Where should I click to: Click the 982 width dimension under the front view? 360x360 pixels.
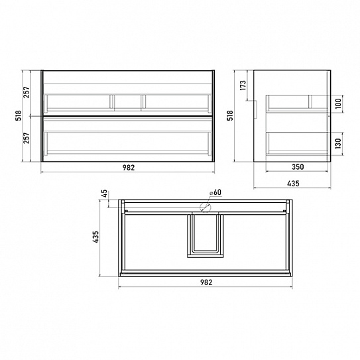[x=129, y=168]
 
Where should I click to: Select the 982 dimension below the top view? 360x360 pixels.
[x=206, y=282]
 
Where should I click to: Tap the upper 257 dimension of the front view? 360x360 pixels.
[x=27, y=92]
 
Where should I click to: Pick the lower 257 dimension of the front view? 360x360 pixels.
[x=27, y=138]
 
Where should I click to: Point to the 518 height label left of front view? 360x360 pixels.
[x=19, y=115]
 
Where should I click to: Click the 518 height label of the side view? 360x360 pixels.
[x=230, y=115]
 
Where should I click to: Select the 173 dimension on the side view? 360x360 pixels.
[x=243, y=85]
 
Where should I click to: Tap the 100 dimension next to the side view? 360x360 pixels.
[x=338, y=103]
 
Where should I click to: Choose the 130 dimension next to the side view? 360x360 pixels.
[x=338, y=143]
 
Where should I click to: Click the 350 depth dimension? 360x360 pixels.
[x=298, y=167]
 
